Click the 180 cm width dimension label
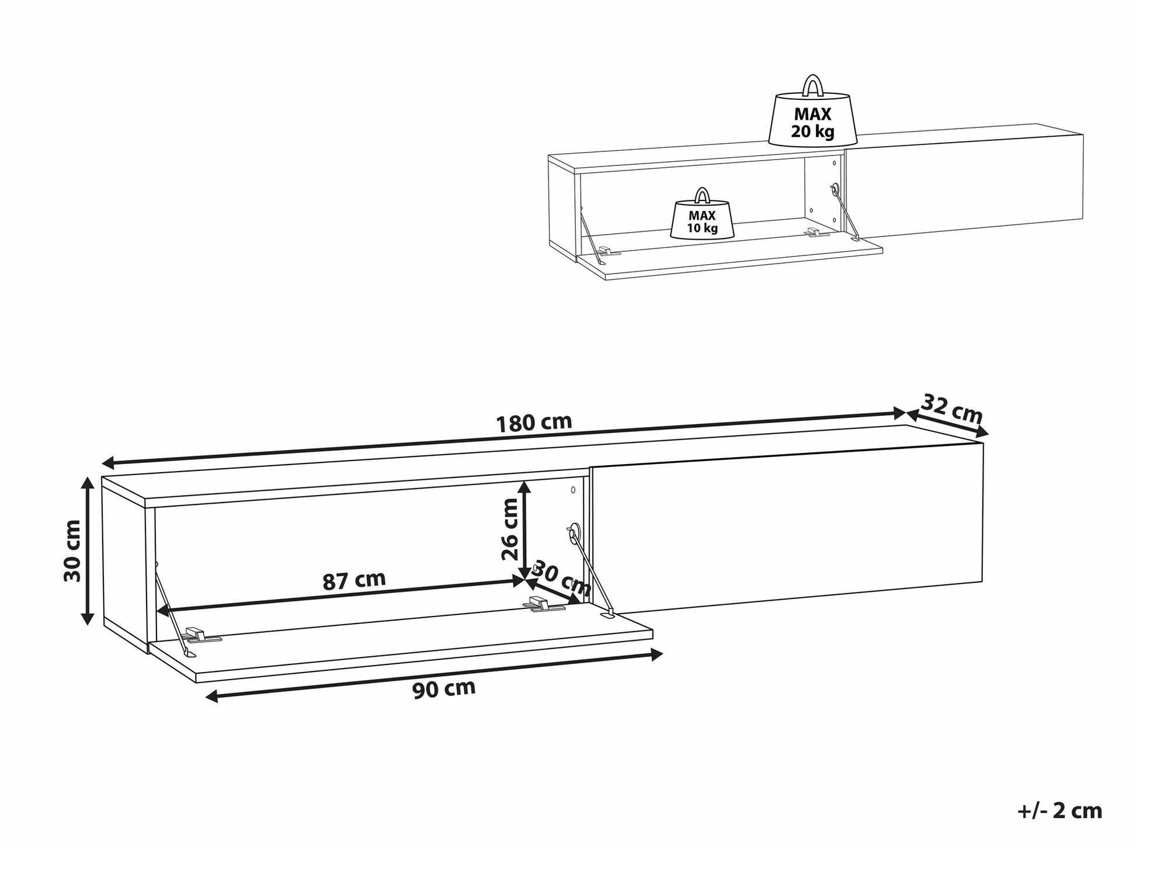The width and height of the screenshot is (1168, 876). point(534,423)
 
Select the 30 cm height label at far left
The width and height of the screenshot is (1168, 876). point(72,550)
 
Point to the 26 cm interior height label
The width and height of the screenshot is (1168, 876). point(510,529)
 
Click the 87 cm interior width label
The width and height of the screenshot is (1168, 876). point(354,580)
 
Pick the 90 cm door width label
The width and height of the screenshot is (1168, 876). point(444,689)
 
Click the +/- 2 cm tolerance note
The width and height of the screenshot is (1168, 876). point(1059,811)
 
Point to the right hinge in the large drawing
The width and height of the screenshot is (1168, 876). point(546,605)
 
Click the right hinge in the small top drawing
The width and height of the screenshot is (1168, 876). point(816,233)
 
